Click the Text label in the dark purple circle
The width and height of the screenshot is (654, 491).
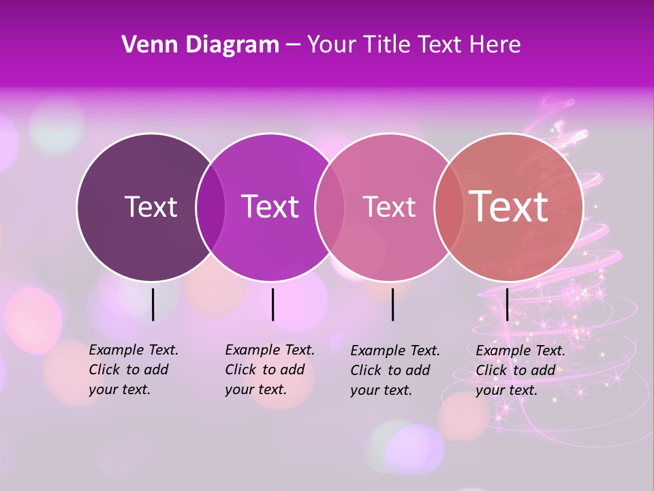coord(151,207)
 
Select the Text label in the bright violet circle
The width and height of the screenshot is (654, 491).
coord(270,207)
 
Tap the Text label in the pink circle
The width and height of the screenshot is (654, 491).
coord(389,207)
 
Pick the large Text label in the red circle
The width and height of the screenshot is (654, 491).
coord(508,206)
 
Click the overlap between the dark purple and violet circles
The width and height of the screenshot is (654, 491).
coord(211,207)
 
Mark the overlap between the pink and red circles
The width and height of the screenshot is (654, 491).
coord(449,207)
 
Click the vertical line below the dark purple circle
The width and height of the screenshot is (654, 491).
coord(153,304)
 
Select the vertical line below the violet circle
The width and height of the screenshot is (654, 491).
coord(272,304)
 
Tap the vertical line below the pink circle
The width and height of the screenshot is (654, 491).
coord(392,304)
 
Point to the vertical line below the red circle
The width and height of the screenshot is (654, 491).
coord(507,304)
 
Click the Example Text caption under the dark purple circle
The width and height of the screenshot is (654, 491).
coord(133,370)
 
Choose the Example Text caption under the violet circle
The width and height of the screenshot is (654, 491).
coord(269,370)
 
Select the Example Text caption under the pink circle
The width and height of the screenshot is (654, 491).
coord(394,370)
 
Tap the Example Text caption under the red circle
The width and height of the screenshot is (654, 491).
coord(520,370)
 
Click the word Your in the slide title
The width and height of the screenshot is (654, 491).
coord(332,45)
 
